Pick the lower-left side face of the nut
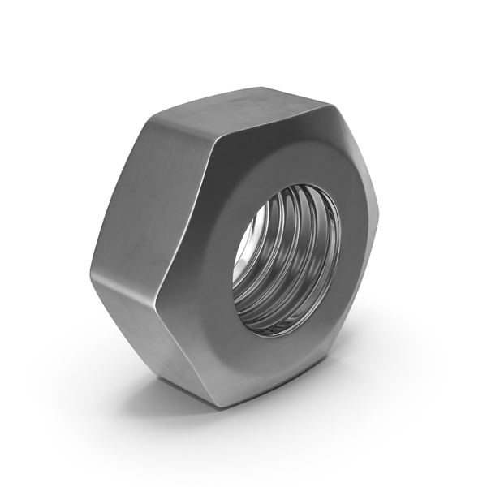(154, 325)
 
